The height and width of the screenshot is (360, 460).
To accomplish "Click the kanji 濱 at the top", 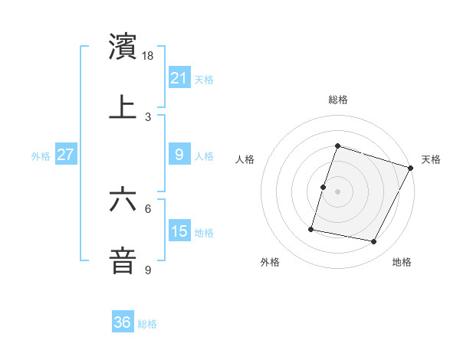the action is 123,47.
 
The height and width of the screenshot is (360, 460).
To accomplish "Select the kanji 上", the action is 123,107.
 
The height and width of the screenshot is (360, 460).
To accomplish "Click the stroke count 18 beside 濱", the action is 149,57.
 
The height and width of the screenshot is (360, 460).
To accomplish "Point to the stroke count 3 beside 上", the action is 148,116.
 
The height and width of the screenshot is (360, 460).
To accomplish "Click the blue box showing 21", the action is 179,77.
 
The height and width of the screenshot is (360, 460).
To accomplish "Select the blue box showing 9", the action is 179,155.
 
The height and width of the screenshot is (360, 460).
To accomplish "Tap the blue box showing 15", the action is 179,231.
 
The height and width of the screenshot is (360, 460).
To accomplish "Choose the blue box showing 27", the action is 65,155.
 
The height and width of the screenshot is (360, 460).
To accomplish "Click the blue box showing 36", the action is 122,322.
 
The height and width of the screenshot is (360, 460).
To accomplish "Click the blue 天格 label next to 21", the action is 204,79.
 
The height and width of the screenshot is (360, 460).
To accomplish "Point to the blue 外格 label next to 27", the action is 41,156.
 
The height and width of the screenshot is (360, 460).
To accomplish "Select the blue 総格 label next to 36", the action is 147,324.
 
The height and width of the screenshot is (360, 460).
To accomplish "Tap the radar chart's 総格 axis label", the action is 338,100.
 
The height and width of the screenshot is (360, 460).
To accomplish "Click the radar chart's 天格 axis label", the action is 431,159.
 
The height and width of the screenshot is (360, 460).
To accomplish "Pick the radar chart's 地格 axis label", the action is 402,263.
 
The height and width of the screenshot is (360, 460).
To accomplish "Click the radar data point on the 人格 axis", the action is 324,187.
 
